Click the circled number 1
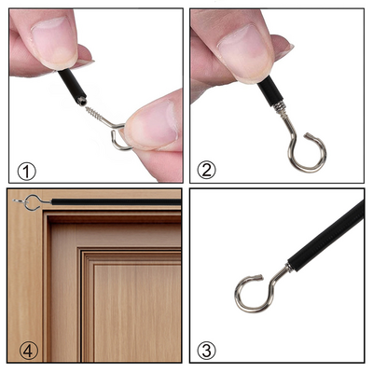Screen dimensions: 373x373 point(27,172)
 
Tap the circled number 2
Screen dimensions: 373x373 point(206,171)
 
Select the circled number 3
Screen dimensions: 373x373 point(207,351)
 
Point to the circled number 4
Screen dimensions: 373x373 point(29,351)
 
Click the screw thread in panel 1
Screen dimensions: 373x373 point(94,114)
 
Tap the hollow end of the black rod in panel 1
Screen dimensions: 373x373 point(81,101)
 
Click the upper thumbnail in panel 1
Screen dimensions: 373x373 point(54,39)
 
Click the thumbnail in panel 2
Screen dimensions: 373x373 point(244,53)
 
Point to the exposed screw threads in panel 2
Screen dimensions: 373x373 point(279,107)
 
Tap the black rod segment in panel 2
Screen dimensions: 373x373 point(268,90)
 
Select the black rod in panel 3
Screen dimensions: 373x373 point(326,235)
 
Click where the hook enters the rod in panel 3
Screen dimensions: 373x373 point(289,267)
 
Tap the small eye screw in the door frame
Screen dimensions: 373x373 point(21,201)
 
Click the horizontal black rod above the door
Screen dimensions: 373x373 point(117,201)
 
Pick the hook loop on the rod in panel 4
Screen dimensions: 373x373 point(33,202)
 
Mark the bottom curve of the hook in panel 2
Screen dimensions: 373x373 point(306,170)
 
